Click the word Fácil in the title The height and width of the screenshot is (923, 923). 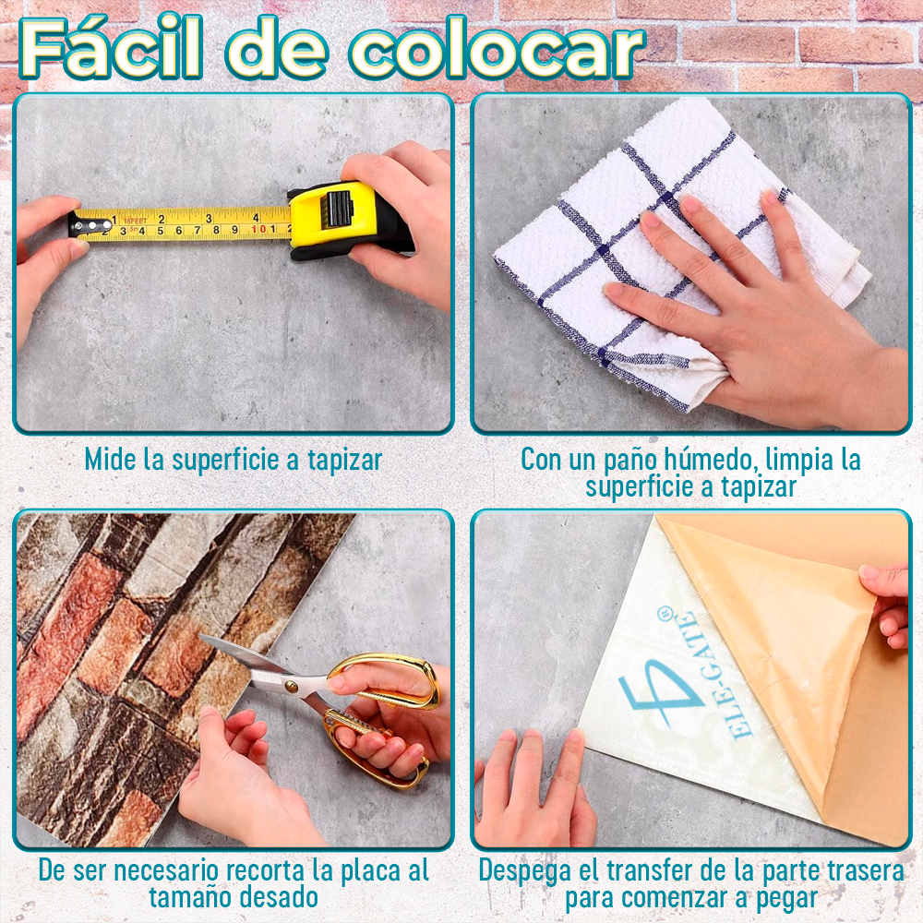click(x=111, y=51)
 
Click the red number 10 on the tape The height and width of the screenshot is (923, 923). click(x=259, y=228)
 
